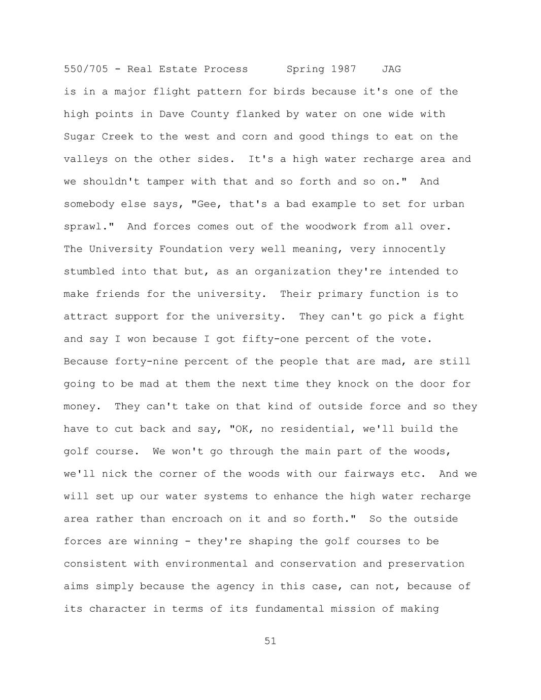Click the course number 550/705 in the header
pos(86,69)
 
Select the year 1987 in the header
pos(344,69)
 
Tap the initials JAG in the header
pos(391,69)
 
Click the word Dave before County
pos(172,114)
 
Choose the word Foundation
pos(191,249)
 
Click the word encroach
pos(197,519)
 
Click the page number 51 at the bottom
pos(270,641)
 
